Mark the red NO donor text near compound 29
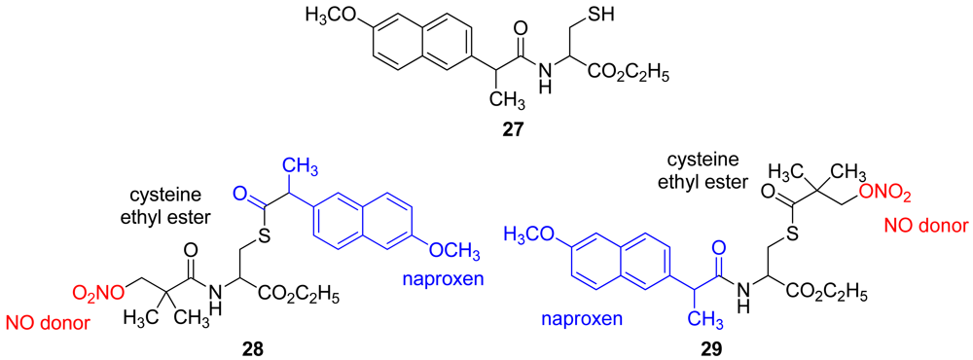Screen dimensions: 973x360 925,227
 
